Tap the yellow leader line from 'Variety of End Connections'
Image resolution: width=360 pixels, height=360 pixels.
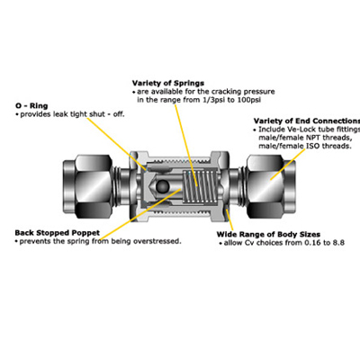pos(256,148)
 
